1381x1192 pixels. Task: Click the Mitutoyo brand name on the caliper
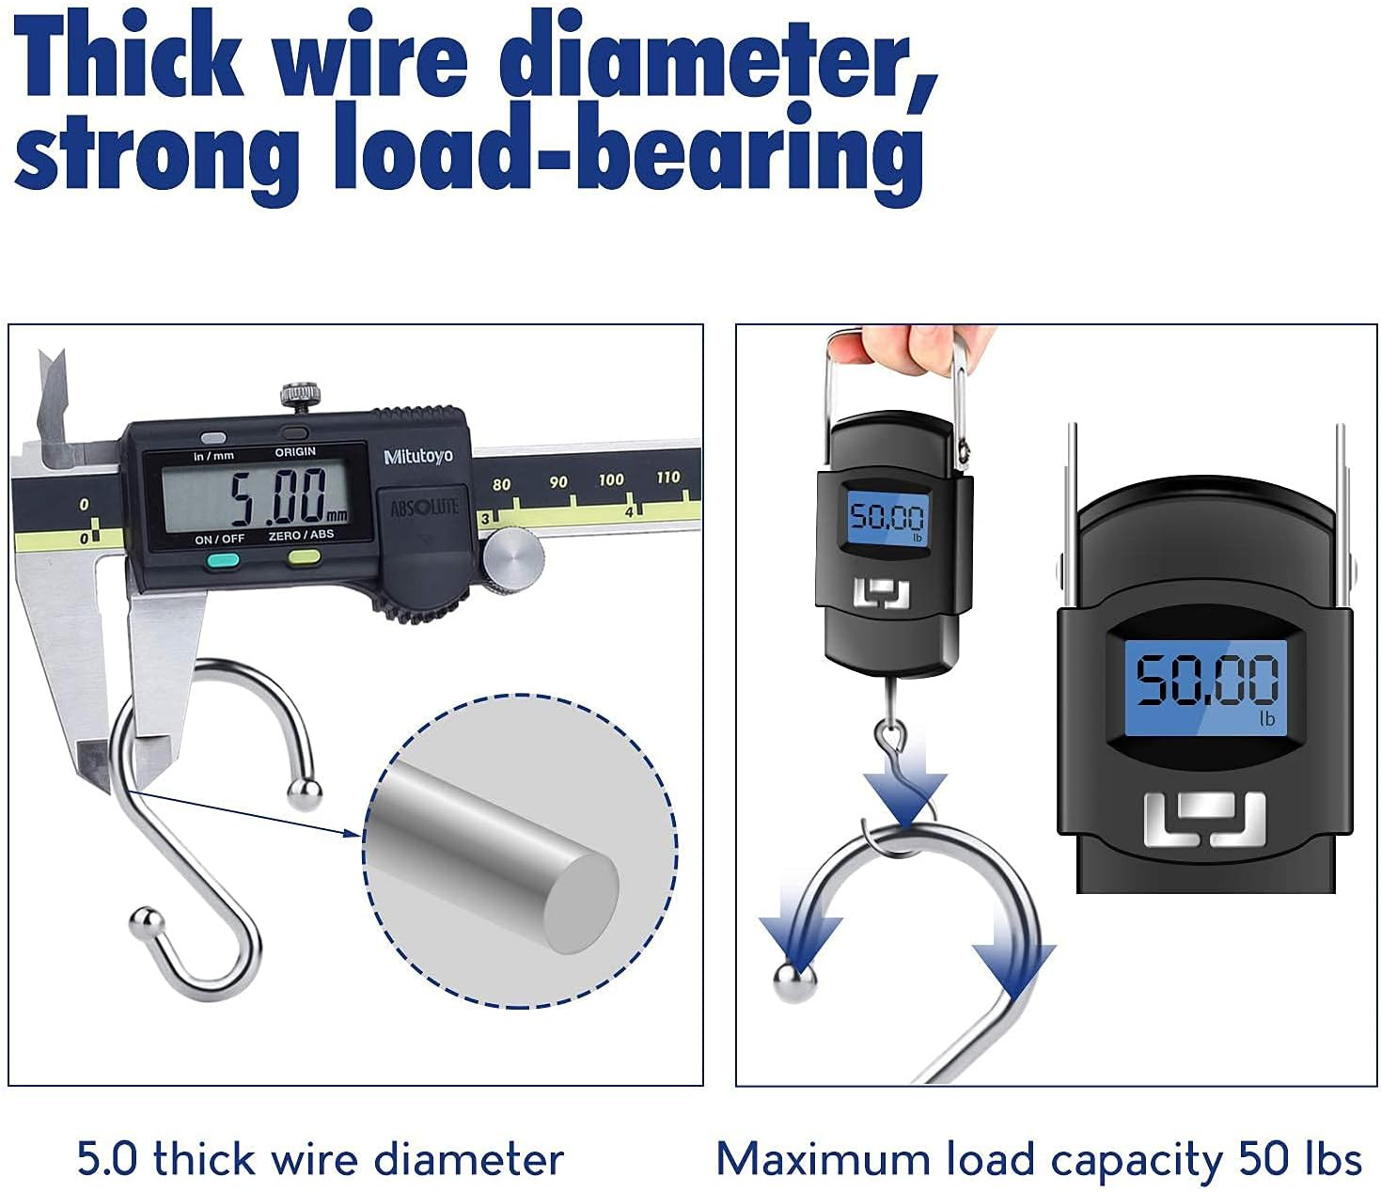tap(418, 456)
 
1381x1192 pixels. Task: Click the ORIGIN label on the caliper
tap(295, 452)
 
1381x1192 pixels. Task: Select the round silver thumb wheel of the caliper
tap(513, 560)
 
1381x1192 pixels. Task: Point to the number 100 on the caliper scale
tap(611, 479)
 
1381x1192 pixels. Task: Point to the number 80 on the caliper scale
tap(501, 484)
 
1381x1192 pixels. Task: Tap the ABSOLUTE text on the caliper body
tap(424, 508)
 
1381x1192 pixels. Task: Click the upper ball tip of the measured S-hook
tap(304, 796)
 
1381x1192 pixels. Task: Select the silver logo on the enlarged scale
tap(1204, 818)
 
